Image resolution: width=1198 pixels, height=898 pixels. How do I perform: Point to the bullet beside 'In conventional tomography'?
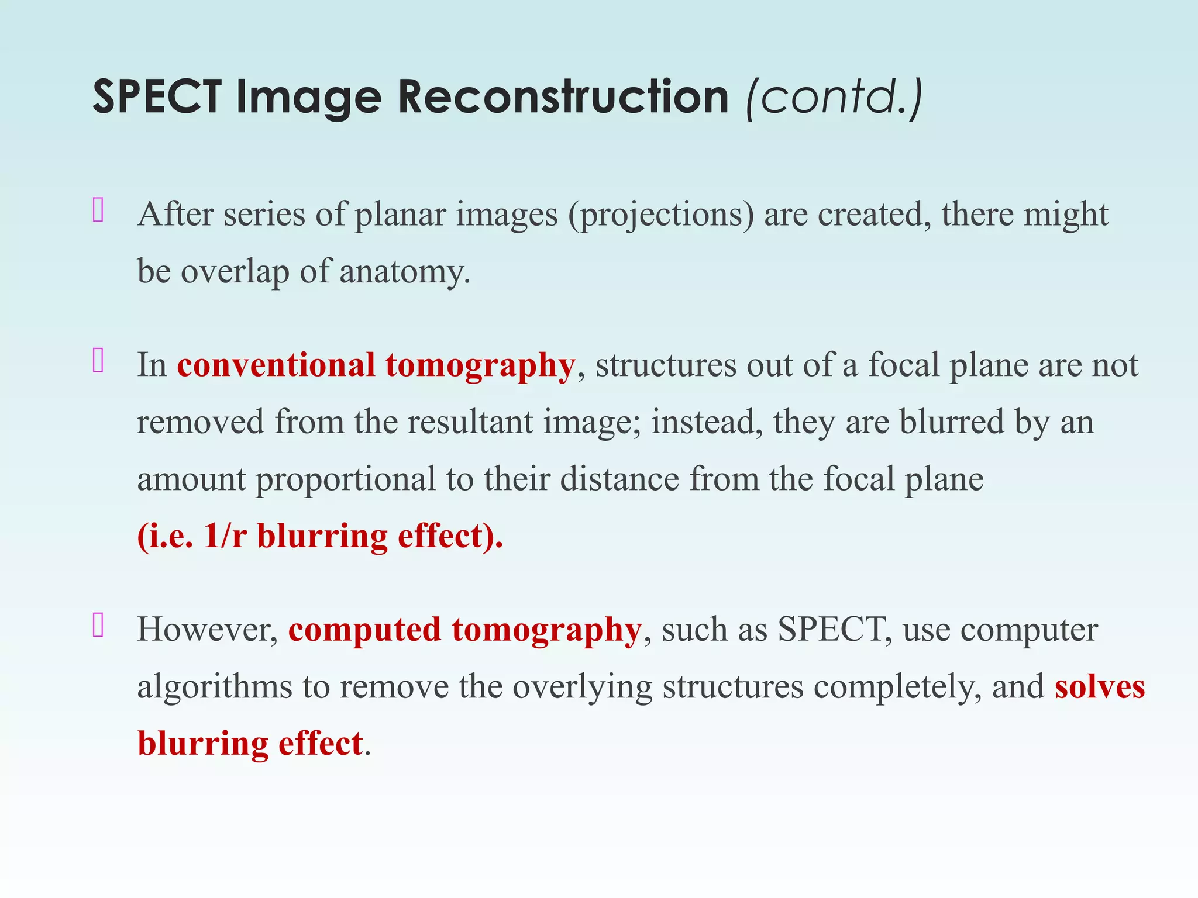click(x=98, y=361)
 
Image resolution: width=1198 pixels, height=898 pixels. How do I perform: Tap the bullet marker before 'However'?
click(x=98, y=626)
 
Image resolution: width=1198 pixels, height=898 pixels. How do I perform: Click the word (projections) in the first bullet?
click(x=661, y=215)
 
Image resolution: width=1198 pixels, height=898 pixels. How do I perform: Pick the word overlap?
click(x=235, y=272)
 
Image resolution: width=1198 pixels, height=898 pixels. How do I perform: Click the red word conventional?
click(x=276, y=365)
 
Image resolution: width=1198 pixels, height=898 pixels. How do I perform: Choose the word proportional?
click(x=346, y=479)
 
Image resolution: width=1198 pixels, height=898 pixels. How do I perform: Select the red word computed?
click(x=364, y=630)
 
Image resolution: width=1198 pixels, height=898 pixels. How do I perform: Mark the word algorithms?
click(x=214, y=687)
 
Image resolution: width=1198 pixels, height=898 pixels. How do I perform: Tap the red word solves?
click(x=1100, y=687)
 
